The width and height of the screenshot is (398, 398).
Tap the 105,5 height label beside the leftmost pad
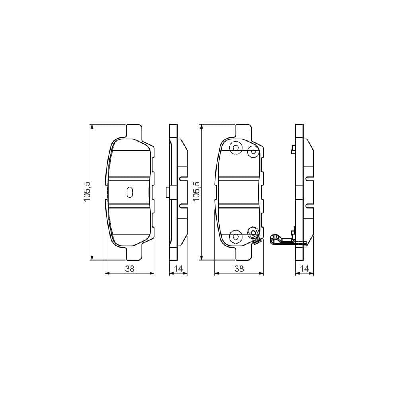87,191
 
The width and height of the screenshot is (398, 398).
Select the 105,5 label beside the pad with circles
197,191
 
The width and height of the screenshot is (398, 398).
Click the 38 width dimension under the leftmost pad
129,269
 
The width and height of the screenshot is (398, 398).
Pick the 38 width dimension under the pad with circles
239,269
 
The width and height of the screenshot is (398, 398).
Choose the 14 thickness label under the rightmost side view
304,269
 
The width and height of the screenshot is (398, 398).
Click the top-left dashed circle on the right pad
236,148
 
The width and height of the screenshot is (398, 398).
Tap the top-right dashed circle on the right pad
253,152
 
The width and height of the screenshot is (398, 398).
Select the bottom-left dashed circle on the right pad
236,236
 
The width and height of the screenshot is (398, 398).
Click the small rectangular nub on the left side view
167,192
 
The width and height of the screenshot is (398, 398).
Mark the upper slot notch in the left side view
183,179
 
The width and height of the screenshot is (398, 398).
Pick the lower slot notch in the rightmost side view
309,206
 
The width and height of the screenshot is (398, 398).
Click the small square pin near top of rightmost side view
293,150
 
